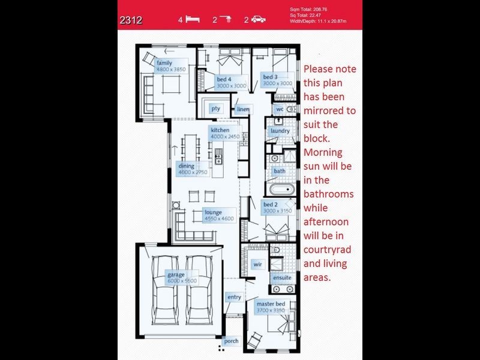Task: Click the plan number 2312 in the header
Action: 131,20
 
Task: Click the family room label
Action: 164,63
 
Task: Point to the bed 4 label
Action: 224,79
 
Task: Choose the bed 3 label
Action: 270,77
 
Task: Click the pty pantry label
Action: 215,109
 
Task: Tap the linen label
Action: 242,109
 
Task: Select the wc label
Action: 280,110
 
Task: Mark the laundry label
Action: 280,131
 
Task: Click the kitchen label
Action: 220,130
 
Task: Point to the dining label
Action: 185,166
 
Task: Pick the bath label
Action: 280,171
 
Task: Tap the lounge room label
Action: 213,212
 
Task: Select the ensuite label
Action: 282,278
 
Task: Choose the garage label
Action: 176,275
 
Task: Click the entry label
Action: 233,298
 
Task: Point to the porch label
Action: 231,341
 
